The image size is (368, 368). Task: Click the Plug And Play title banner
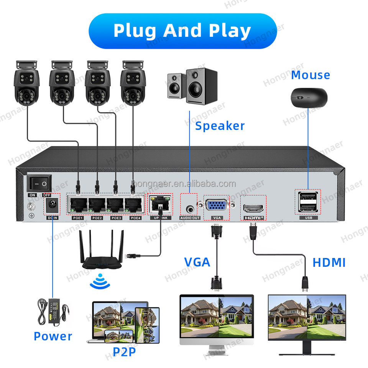(x=182, y=31)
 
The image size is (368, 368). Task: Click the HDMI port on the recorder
(x=253, y=208)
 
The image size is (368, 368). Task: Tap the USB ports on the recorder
(x=308, y=202)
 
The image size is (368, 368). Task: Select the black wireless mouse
(x=309, y=97)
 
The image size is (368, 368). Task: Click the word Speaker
(x=220, y=126)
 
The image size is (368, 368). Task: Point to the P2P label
(x=124, y=352)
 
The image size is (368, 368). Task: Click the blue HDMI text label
(x=329, y=263)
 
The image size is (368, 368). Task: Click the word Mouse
(x=310, y=75)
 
